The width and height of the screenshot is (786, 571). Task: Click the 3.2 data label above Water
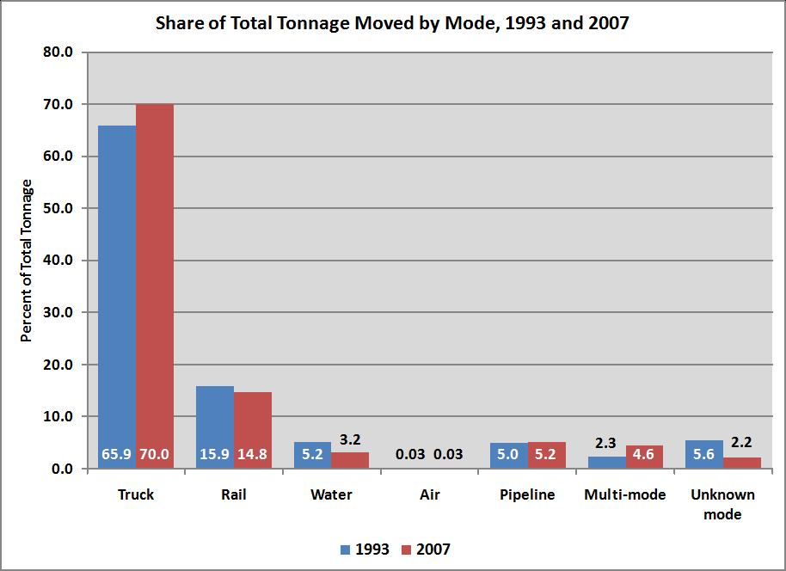pos(350,439)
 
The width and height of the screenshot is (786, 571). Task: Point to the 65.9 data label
pos(117,454)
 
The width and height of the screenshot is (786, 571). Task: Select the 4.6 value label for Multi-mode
pos(644,454)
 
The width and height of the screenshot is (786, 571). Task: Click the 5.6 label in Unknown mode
pos(704,454)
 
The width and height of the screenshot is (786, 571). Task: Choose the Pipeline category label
pos(527,495)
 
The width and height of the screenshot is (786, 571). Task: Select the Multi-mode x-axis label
pos(625,495)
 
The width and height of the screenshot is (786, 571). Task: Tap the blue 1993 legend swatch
pos(346,550)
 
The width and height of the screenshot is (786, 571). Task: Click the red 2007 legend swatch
pos(408,550)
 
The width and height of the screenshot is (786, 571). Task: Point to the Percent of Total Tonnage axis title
pos(27,261)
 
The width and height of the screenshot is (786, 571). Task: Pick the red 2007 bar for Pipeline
pos(546,455)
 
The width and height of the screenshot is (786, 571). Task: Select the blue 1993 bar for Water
pos(313,455)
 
